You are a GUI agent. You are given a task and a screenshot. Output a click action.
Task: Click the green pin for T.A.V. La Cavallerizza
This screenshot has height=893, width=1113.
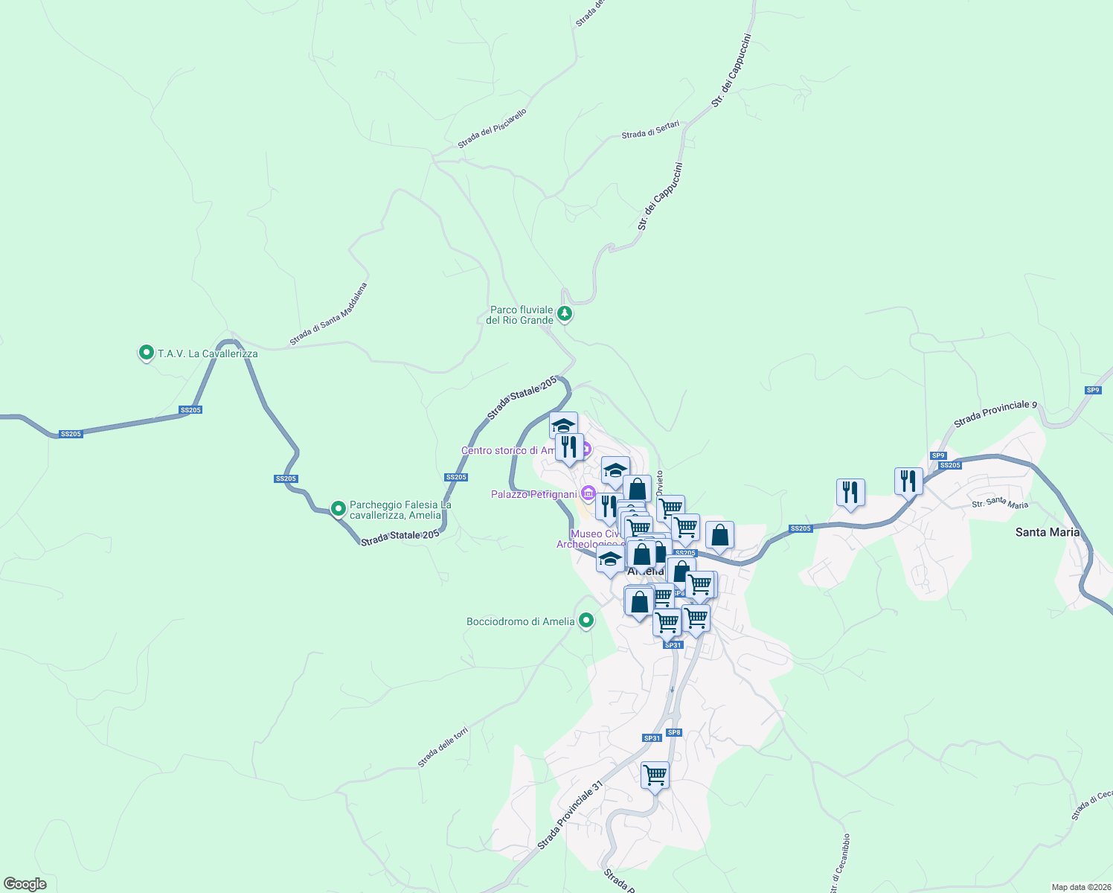(147, 353)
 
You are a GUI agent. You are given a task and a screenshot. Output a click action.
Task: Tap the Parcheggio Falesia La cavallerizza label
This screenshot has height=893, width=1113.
(400, 510)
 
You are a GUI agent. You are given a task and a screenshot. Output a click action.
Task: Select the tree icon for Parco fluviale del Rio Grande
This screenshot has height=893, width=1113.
(565, 314)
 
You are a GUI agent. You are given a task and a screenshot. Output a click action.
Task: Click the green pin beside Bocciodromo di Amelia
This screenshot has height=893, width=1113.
(586, 620)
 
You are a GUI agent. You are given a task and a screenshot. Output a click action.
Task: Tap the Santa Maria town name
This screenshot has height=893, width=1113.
(1047, 532)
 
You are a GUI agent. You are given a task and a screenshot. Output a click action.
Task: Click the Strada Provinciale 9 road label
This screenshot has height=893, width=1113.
(995, 415)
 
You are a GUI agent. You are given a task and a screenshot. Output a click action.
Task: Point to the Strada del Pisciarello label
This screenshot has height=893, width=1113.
(492, 129)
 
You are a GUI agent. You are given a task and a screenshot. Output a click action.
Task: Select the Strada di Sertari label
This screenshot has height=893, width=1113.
(650, 130)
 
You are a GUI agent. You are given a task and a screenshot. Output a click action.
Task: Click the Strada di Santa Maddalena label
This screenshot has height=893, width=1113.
(328, 314)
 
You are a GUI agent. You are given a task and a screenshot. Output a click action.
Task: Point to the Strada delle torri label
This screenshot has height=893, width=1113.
(443, 747)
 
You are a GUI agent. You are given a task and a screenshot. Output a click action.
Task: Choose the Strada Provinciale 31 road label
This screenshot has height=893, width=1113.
(570, 815)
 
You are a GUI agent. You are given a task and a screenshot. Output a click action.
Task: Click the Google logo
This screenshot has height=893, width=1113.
(25, 884)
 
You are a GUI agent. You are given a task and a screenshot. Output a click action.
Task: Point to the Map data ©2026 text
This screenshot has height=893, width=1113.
(1080, 887)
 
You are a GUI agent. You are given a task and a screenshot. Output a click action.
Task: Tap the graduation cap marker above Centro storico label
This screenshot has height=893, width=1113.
(563, 426)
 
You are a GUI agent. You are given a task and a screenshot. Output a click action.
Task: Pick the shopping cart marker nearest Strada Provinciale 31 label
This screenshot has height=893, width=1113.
(655, 775)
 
